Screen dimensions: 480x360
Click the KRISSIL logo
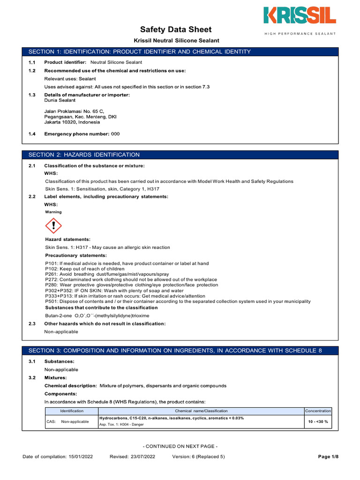(300, 16)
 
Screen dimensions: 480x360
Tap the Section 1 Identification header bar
(180, 52)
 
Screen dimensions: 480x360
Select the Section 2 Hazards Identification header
(180, 155)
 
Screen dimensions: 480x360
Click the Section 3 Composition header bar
(180, 351)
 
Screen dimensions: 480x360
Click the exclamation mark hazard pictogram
(53, 227)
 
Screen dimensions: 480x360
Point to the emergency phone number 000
(115, 134)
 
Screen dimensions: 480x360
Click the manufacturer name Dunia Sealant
(60, 100)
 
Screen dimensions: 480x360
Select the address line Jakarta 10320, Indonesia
(72, 122)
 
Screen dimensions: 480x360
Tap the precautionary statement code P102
(51, 269)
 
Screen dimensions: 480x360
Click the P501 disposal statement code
(51, 301)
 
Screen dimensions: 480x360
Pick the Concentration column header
(318, 411)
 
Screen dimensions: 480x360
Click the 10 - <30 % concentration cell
(318, 421)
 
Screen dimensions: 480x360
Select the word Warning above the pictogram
(53, 212)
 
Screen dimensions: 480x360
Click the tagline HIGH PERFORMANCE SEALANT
(300, 34)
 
